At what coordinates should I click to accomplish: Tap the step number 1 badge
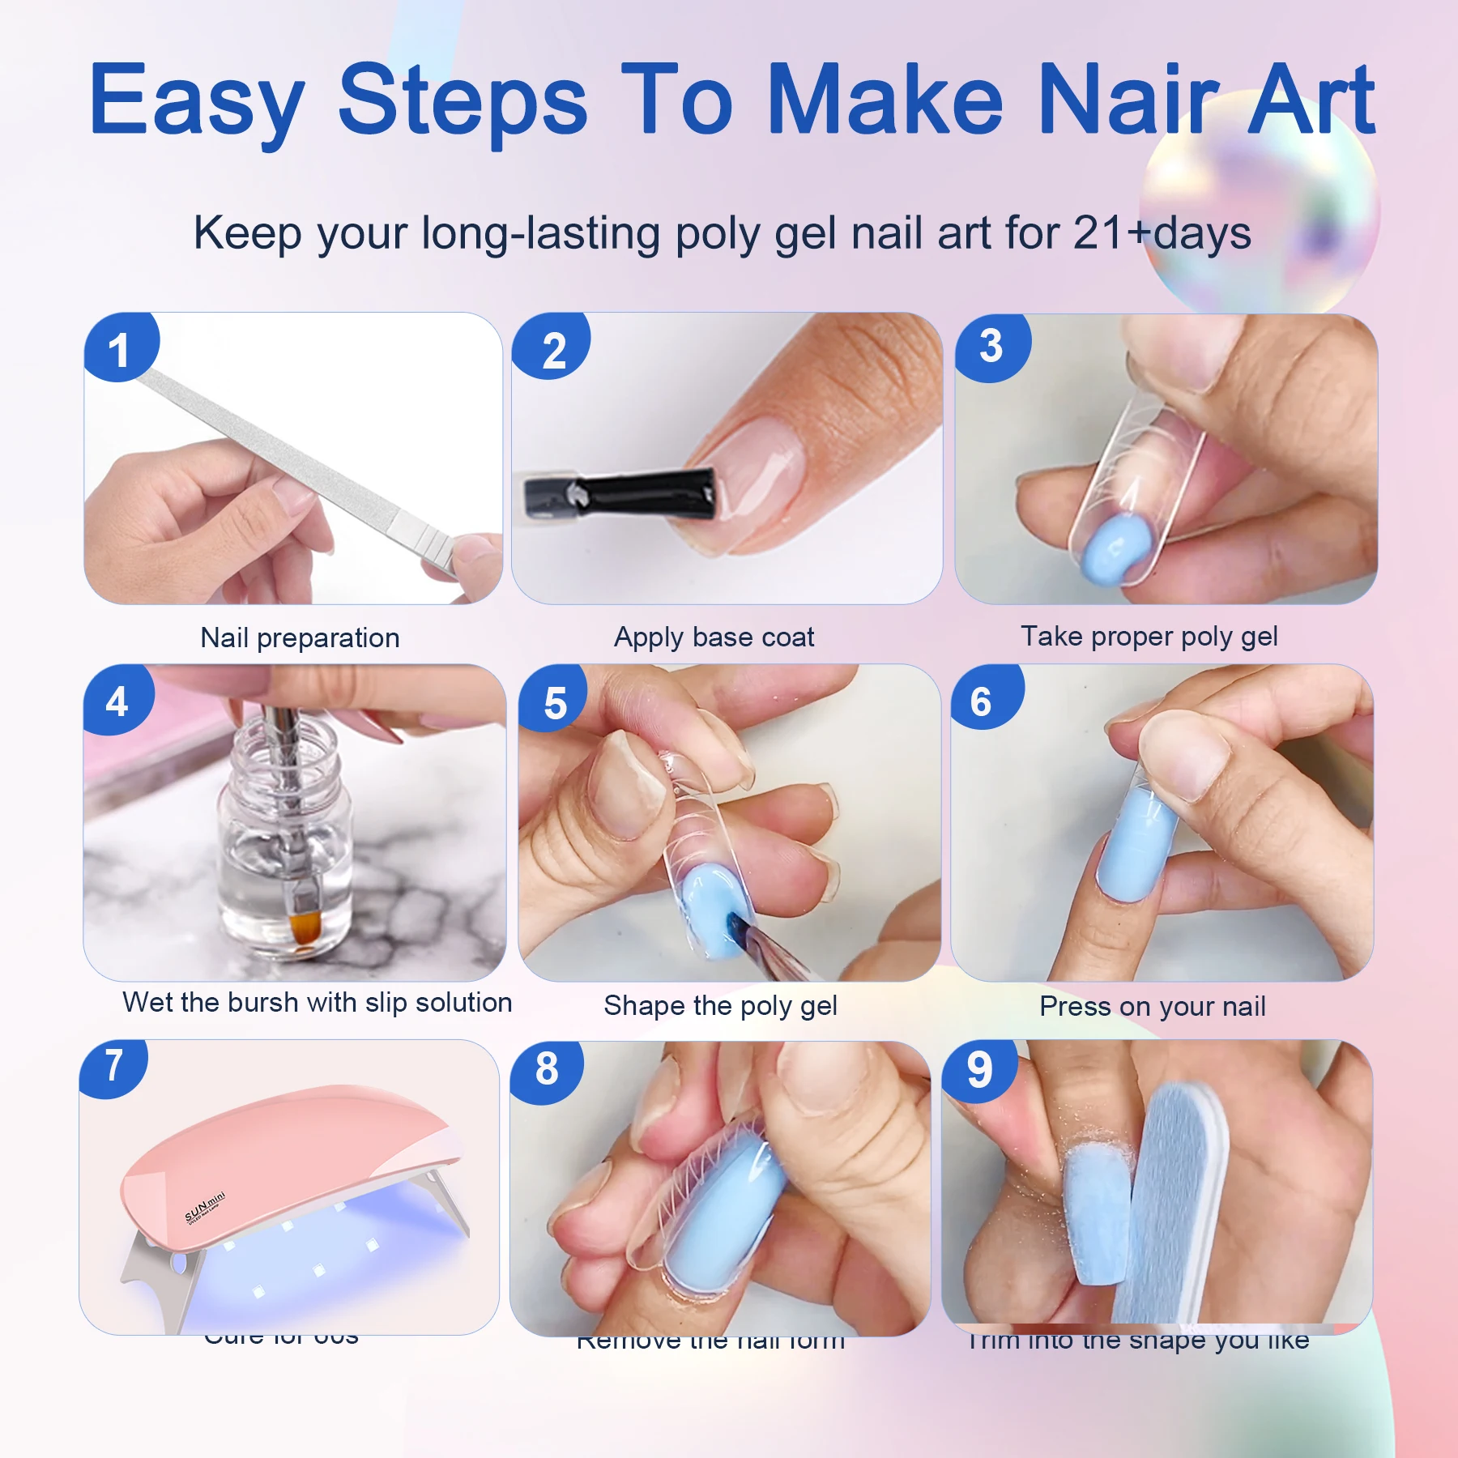120,348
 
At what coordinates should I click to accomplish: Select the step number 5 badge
555,701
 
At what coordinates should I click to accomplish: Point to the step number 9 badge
979,1069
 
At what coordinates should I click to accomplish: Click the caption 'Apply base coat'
714,637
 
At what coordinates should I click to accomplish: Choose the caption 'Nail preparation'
300,638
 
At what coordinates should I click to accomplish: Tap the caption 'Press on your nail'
1152,1007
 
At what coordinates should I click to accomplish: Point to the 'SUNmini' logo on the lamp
204,1207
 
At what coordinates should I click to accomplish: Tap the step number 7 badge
114,1066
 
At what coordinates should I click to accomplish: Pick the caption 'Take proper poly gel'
1149,637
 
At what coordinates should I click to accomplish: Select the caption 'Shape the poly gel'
720,1006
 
